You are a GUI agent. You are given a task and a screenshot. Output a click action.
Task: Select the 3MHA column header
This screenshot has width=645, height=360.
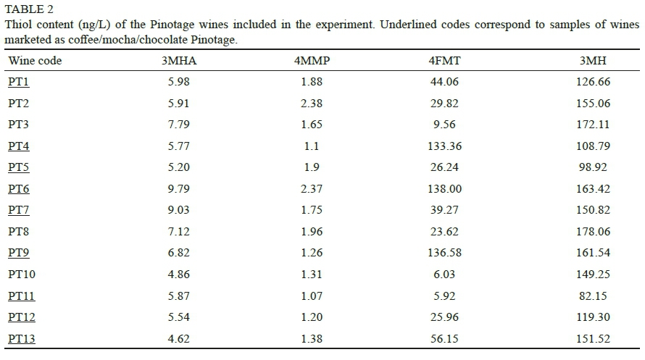(178, 61)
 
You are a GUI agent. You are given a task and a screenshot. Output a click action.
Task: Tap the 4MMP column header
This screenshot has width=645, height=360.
(312, 61)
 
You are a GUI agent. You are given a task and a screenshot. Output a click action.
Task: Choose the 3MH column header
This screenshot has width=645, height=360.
(593, 61)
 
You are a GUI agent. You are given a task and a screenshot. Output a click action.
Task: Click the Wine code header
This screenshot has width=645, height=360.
(35, 61)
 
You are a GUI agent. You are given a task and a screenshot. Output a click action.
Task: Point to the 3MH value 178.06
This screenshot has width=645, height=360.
(593, 232)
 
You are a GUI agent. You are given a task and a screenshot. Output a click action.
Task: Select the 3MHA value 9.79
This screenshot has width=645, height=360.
(178, 189)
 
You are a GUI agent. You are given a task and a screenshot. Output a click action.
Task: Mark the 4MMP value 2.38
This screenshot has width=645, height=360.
(312, 104)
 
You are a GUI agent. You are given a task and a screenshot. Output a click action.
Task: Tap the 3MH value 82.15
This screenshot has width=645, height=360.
(593, 296)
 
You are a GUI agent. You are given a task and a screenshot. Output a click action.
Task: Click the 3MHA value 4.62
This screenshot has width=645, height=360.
(178, 339)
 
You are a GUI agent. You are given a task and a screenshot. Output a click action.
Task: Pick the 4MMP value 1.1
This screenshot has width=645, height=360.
(312, 146)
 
